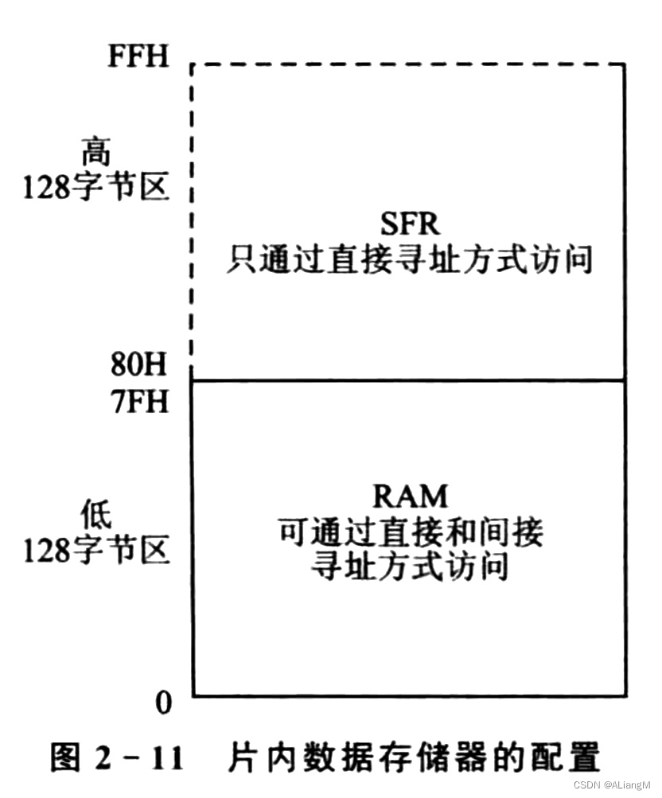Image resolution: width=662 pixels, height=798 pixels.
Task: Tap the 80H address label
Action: pyautogui.click(x=138, y=367)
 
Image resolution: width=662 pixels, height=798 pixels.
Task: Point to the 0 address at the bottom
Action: pyautogui.click(x=163, y=702)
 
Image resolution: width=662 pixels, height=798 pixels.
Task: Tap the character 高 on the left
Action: pyautogui.click(x=96, y=151)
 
